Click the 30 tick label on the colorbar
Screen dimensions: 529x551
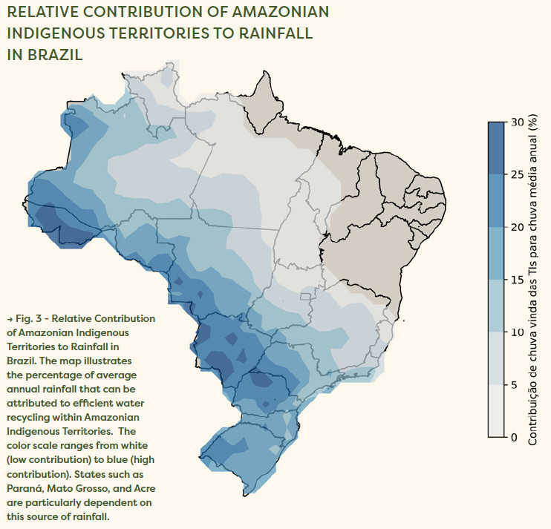coord(518,121)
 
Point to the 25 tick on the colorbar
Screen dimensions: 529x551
coord(518,174)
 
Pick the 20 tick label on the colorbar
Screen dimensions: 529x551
coord(518,226)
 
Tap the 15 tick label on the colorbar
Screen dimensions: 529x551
coord(518,279)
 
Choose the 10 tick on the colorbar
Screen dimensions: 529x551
coord(518,332)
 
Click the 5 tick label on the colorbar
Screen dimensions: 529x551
coord(515,384)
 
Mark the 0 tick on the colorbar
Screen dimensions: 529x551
coord(515,437)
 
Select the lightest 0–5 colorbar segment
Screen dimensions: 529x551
coord(496,411)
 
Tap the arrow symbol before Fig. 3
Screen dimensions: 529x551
coord(8,318)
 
